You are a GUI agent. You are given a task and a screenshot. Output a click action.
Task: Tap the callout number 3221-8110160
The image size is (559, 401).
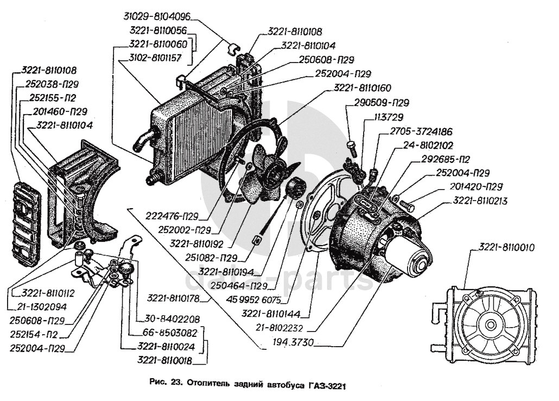click(x=363, y=87)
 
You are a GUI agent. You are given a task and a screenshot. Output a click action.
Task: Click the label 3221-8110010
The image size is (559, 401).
click(x=506, y=248)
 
